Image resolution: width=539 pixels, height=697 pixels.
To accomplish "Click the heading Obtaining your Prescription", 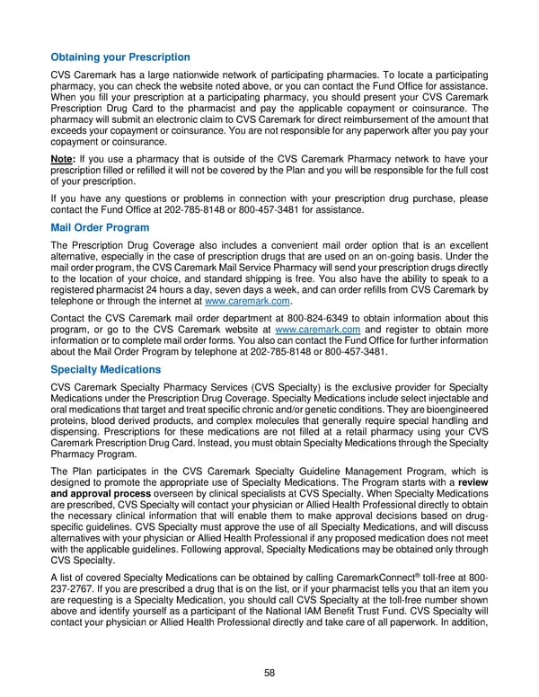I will tap(120, 57).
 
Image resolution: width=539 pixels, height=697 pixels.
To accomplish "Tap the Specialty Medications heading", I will tap(106, 369).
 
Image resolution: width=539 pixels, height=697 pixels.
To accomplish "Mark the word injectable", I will tap(441, 399).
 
